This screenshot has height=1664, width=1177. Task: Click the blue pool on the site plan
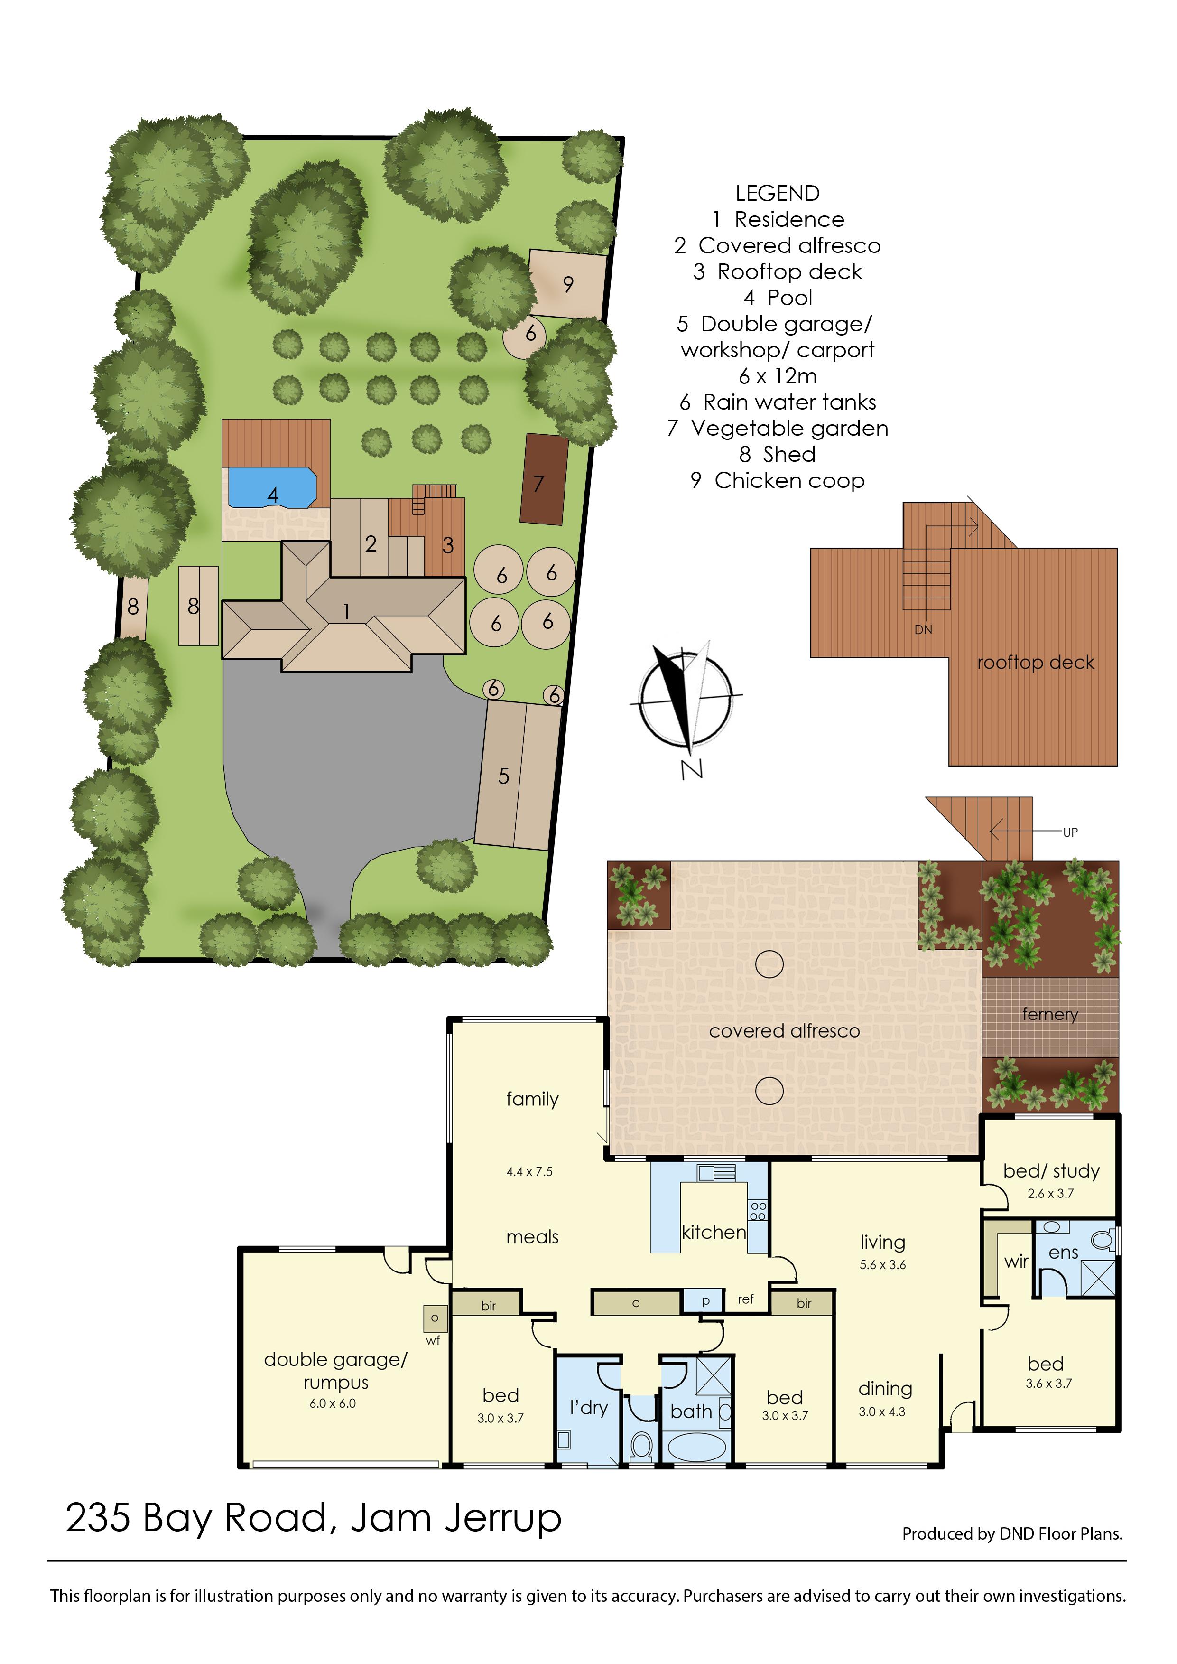272,487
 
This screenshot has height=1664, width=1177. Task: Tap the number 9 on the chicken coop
568,284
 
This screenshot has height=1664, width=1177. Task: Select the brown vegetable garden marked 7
544,478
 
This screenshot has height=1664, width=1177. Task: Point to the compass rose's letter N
691,768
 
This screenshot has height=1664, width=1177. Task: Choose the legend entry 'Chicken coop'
778,481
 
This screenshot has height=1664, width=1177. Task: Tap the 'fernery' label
1050,1014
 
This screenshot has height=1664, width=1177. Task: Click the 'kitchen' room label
714,1232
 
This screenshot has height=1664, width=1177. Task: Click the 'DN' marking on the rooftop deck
923,629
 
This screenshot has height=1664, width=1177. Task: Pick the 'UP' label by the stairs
1070,832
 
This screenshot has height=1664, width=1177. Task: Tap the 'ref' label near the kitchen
746,1299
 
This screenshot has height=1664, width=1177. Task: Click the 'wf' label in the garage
433,1341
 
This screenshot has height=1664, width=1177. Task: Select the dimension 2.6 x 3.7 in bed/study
1051,1194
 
